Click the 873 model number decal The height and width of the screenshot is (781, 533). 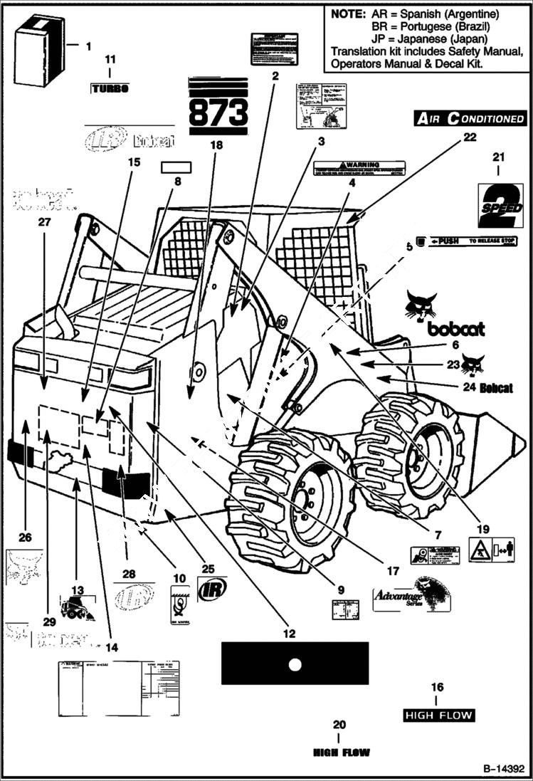click(x=218, y=107)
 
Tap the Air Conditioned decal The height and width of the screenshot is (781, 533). click(x=470, y=119)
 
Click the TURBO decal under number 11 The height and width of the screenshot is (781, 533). click(x=110, y=89)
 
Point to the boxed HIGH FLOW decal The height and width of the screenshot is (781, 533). click(x=438, y=714)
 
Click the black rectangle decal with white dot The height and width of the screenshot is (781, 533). click(x=295, y=664)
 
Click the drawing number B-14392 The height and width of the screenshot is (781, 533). click(x=503, y=770)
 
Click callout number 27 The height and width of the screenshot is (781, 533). click(x=45, y=222)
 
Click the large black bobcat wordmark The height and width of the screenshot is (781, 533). click(x=456, y=329)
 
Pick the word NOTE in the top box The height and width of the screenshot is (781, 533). click(x=348, y=14)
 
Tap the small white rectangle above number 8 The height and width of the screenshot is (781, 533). click(x=176, y=167)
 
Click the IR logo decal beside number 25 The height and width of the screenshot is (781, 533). click(x=212, y=589)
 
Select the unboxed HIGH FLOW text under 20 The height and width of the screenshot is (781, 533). click(x=342, y=752)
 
